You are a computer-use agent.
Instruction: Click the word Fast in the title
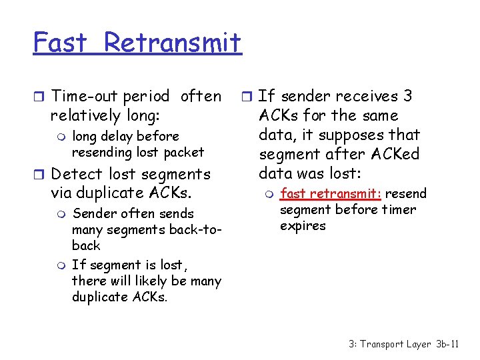tap(61, 43)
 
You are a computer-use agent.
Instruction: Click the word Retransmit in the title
tap(173, 43)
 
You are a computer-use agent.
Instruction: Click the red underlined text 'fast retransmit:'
tap(330, 194)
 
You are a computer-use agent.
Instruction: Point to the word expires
tap(303, 226)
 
